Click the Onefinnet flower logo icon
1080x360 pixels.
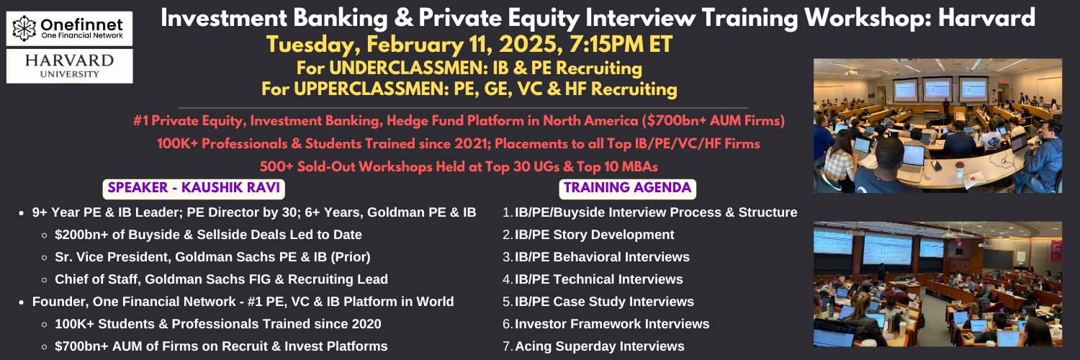pyautogui.click(x=24, y=28)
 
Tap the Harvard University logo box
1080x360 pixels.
pyautogui.click(x=69, y=66)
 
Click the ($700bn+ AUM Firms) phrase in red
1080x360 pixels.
pyautogui.click(x=713, y=120)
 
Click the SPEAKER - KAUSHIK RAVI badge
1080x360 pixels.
pyautogui.click(x=194, y=188)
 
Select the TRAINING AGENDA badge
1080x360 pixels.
pyautogui.click(x=627, y=188)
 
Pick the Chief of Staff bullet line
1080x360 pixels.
pyautogui.click(x=221, y=279)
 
